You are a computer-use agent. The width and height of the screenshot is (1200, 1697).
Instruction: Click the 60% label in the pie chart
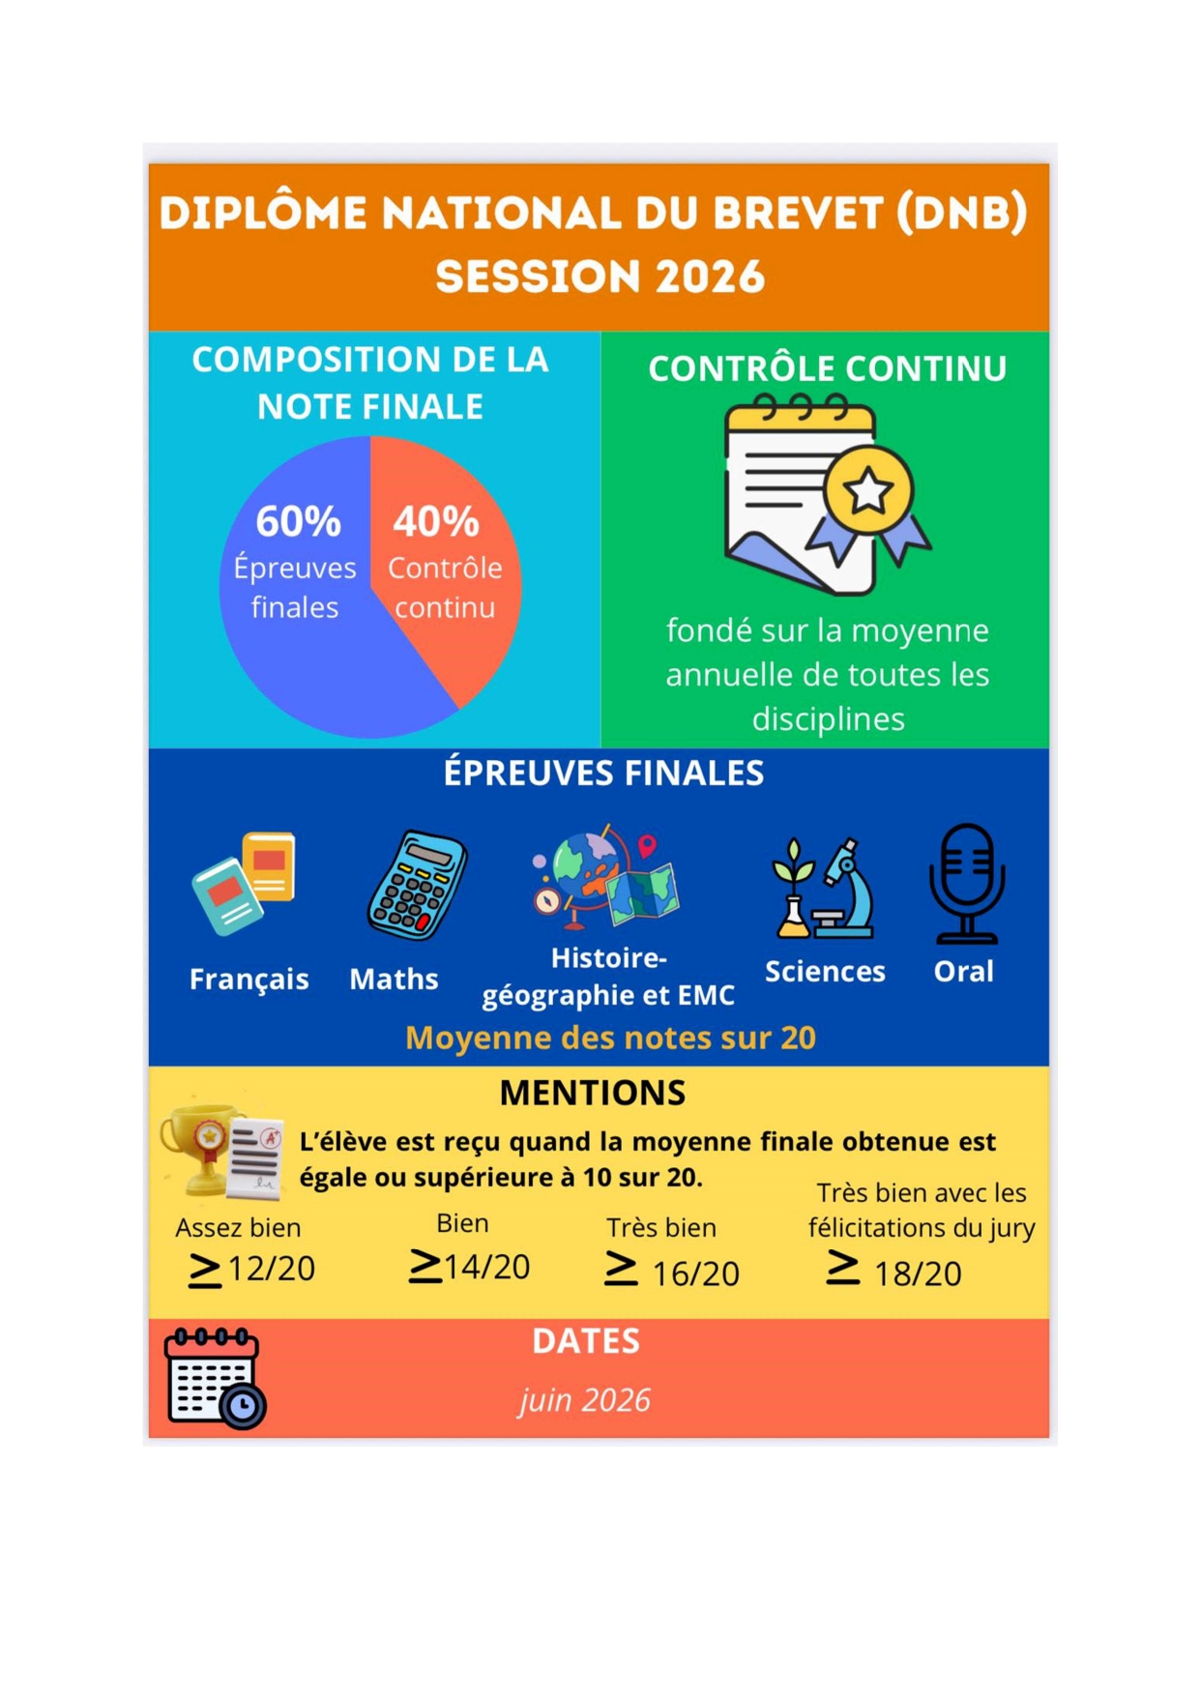[x=298, y=522]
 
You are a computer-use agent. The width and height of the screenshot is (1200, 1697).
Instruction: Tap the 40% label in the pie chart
[x=436, y=522]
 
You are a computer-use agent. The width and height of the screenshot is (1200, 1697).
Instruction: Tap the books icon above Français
[x=244, y=883]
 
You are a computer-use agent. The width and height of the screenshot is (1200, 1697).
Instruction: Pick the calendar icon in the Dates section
[x=215, y=1379]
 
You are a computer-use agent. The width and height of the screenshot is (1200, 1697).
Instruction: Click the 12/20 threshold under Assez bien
[x=252, y=1269]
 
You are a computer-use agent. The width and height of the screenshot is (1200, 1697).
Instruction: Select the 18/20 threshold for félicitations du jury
[x=894, y=1273]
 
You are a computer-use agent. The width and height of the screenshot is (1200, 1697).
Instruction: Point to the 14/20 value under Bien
[x=470, y=1266]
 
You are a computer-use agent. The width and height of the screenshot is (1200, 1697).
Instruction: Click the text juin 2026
[x=585, y=1401]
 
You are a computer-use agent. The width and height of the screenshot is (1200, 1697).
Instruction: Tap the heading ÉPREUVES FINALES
[x=603, y=774]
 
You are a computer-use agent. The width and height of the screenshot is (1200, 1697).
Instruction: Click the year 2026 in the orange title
[x=711, y=278]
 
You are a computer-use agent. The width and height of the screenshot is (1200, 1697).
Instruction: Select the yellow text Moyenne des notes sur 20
[x=610, y=1039]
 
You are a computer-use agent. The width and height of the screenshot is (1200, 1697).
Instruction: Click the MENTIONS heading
[x=593, y=1094]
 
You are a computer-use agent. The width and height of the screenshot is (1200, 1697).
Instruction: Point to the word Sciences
[x=825, y=972]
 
